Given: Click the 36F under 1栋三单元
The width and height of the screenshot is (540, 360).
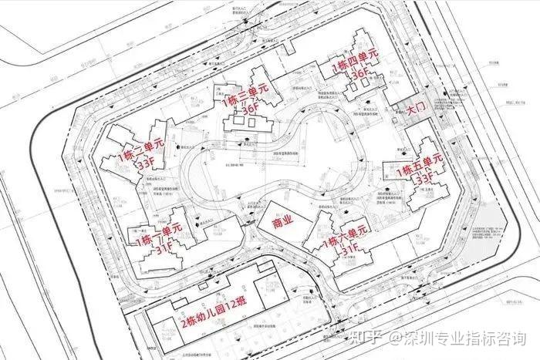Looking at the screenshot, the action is (x=251, y=109).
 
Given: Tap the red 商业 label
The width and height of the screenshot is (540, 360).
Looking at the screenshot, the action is (x=283, y=221).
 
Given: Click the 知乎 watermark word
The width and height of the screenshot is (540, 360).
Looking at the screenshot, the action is (x=366, y=338).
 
